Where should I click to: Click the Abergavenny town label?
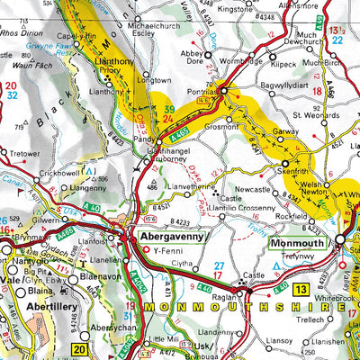point(168,237)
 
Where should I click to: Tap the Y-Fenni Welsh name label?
point(169,251)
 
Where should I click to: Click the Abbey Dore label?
point(193,56)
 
